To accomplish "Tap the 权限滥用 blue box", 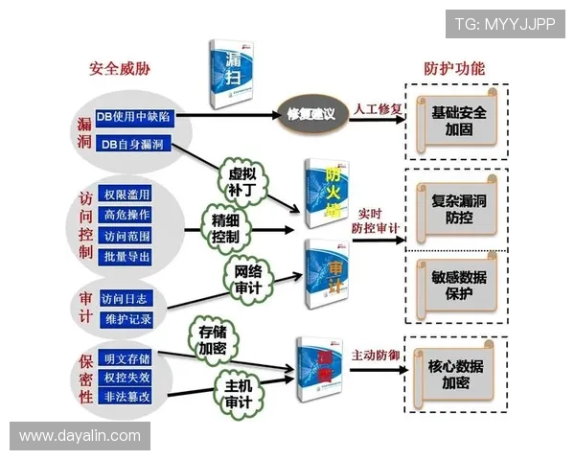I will tap(126, 195).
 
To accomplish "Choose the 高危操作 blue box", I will tap(126, 216).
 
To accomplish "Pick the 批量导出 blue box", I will tap(126, 257).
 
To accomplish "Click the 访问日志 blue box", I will tap(126, 297).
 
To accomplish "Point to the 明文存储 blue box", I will tap(126, 358).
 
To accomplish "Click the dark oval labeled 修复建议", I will tap(310, 114).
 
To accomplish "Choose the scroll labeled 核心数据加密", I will tap(455, 374).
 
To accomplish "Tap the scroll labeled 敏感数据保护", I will tap(457, 285).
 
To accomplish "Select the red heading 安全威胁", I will tap(120, 69).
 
